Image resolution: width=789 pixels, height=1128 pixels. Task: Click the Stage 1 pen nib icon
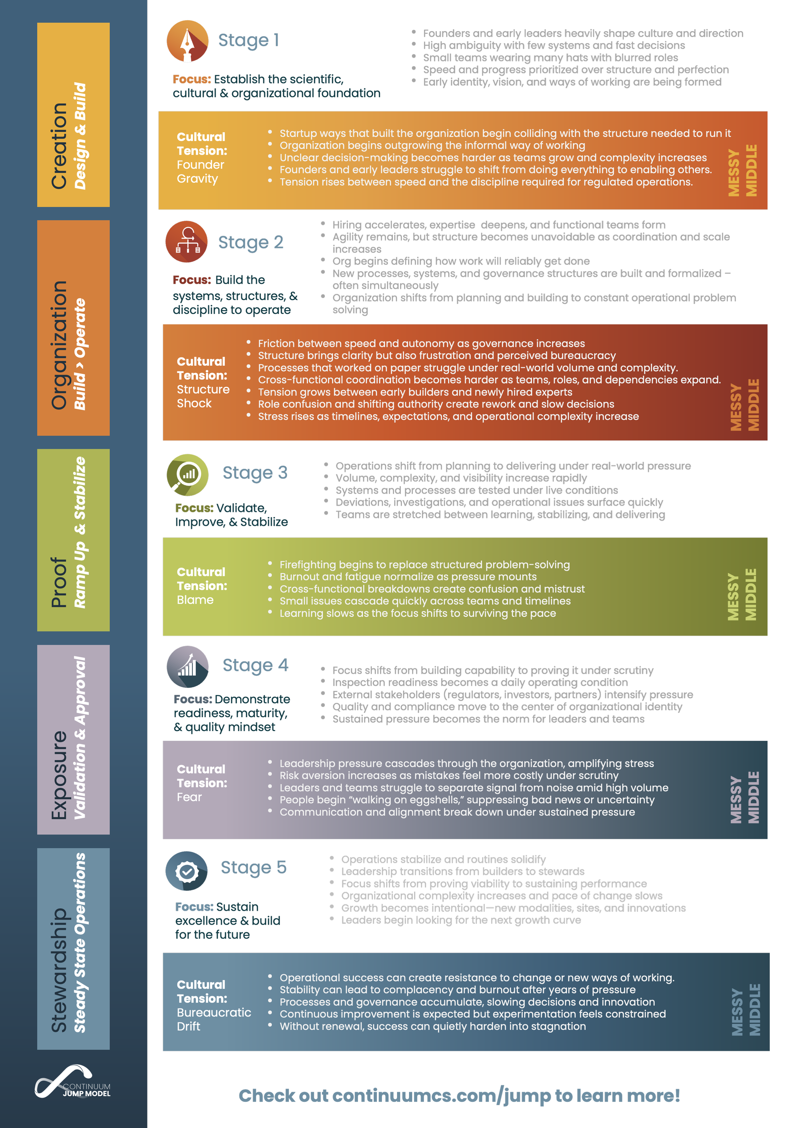[187, 41]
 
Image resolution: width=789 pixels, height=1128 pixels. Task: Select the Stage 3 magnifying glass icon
[187, 475]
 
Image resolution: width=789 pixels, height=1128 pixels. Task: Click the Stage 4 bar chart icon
[187, 666]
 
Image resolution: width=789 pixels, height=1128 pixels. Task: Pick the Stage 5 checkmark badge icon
[187, 871]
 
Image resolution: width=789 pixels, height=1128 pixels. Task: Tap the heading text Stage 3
[255, 473]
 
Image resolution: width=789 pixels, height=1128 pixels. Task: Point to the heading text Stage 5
[253, 867]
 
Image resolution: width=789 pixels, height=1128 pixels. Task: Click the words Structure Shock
[203, 396]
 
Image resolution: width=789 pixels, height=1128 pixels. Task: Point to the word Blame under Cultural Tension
[195, 600]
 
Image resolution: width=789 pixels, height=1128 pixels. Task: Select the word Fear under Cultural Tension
[189, 797]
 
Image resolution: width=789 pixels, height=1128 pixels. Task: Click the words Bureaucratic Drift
[214, 1019]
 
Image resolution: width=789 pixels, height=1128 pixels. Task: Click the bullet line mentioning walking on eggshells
[466, 800]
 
